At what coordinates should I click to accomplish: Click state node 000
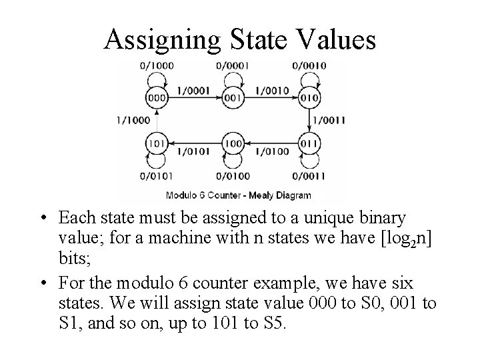tap(157, 97)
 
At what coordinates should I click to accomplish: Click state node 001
tap(233, 97)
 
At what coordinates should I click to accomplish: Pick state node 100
tap(233, 143)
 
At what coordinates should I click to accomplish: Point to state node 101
tap(157, 143)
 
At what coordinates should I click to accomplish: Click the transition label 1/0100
tap(272, 151)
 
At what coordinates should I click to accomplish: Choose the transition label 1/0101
tap(195, 151)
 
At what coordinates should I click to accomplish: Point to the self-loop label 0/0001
tap(232, 65)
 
